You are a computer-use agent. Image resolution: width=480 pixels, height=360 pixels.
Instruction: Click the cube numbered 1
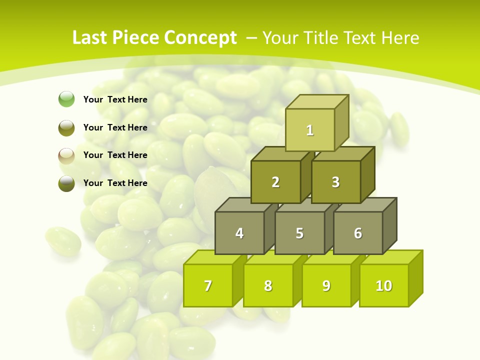310,130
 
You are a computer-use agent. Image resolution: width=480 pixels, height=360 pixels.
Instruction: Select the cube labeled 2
275,182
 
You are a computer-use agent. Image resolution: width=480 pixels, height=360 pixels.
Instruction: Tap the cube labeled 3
335,182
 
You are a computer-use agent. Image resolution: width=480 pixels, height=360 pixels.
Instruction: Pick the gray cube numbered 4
239,233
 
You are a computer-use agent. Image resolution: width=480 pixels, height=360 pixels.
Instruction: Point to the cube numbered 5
299,233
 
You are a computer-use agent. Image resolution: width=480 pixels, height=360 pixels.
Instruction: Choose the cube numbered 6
358,233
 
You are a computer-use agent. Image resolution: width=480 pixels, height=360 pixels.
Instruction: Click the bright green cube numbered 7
208,285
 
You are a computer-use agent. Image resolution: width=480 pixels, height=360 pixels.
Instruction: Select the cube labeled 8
268,285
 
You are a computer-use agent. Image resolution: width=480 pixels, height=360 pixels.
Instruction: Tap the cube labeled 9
326,285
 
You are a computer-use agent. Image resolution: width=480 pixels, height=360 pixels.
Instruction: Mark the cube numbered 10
384,285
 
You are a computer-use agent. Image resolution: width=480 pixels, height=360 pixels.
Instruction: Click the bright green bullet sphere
66,99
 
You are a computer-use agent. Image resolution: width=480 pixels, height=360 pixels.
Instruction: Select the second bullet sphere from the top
66,127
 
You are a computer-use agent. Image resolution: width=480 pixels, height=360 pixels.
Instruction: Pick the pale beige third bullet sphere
66,155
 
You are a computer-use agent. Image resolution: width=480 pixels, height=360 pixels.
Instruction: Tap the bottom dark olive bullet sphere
66,183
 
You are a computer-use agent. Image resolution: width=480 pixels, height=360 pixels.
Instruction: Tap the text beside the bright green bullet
115,99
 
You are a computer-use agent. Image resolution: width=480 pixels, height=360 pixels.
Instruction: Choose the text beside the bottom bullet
115,183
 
